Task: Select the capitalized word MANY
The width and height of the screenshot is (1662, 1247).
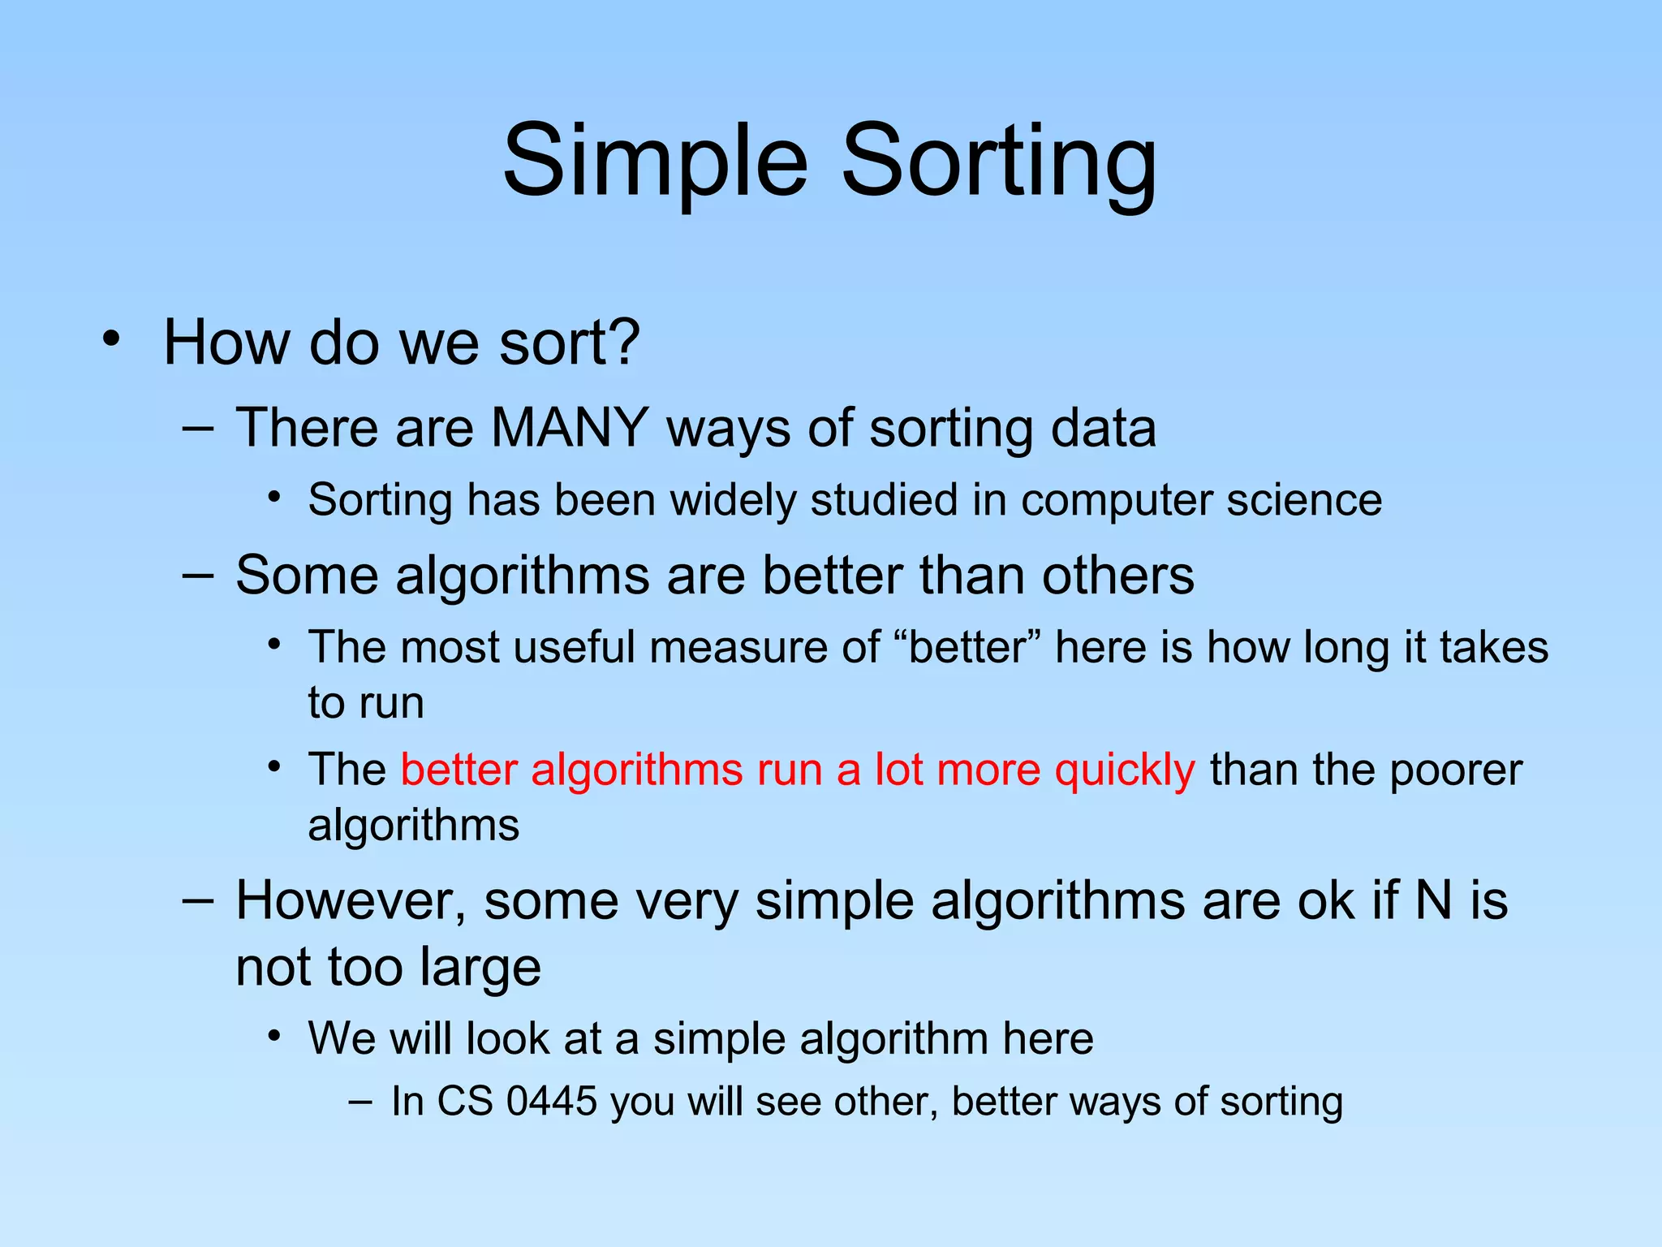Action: point(570,428)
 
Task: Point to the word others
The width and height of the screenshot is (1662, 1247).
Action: point(1117,576)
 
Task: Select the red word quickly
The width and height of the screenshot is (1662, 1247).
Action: point(1124,770)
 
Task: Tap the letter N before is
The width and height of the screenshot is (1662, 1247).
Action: point(1433,901)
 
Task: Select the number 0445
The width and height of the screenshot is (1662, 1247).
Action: point(552,1102)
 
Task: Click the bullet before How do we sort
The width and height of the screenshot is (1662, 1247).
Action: point(111,339)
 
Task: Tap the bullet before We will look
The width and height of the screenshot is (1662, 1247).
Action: point(275,1036)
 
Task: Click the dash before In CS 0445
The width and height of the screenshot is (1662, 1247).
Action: point(360,1102)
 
